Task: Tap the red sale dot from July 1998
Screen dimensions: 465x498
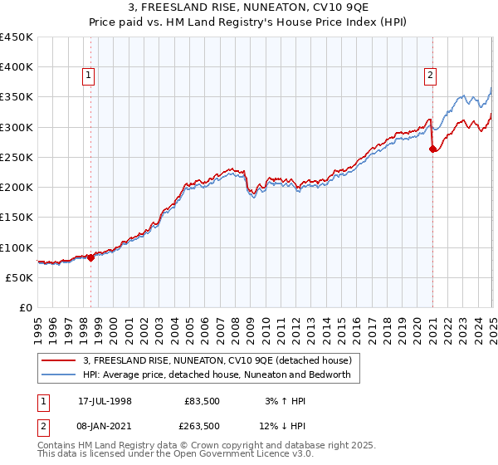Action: click(x=91, y=257)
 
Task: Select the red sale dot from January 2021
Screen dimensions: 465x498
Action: click(x=432, y=149)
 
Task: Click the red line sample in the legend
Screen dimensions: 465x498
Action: click(x=60, y=360)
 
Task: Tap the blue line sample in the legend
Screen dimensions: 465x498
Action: click(x=60, y=374)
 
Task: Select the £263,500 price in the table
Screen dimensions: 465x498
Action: click(x=202, y=426)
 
